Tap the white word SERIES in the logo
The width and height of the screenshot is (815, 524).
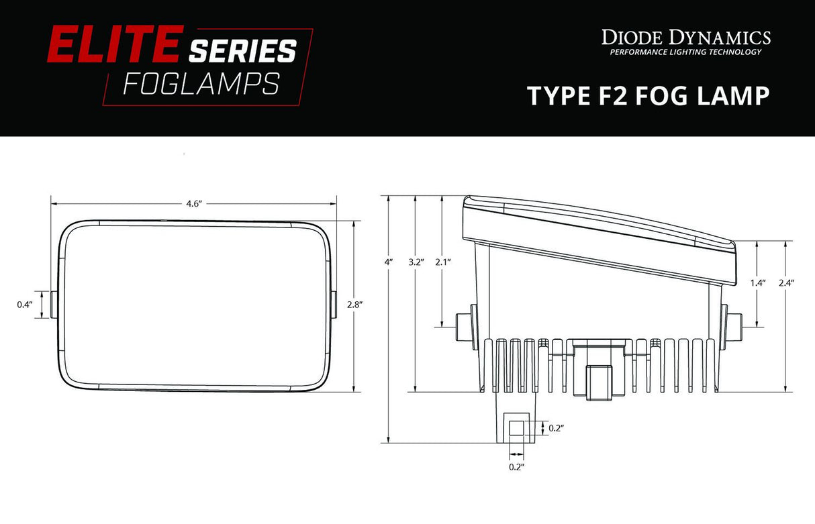[x=242, y=51]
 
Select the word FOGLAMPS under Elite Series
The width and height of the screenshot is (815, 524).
[x=201, y=84]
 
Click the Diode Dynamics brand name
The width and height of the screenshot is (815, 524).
[x=685, y=36]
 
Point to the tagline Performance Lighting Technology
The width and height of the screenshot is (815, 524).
[x=685, y=52]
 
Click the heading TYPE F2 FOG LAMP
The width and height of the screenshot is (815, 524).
[x=648, y=96]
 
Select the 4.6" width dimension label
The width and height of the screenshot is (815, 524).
[x=194, y=204]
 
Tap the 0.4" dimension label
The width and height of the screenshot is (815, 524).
[x=25, y=305]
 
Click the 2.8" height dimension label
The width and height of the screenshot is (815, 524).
[x=354, y=305]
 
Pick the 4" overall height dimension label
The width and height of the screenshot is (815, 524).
[x=388, y=262]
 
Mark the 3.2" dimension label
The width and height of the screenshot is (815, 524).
[x=416, y=262]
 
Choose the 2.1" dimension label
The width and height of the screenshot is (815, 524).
[x=442, y=262]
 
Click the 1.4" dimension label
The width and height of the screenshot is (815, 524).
[x=758, y=283]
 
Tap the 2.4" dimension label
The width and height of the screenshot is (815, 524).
[x=785, y=283]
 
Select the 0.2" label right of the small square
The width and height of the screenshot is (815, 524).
[x=556, y=427]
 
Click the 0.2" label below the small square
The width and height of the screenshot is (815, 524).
[x=516, y=466]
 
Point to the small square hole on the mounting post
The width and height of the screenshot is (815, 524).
[x=517, y=427]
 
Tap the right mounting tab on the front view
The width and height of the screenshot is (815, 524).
[x=334, y=305]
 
